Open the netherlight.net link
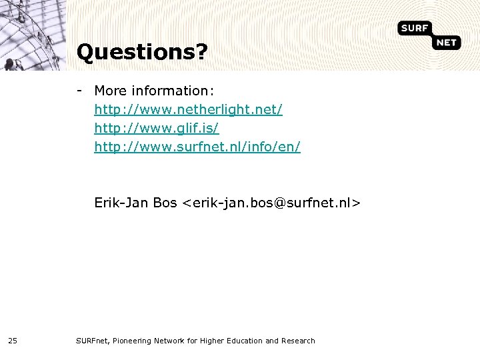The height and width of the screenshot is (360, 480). tap(188, 109)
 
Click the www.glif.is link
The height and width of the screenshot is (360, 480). tap(156, 127)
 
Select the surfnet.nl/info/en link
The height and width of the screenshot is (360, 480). tap(197, 146)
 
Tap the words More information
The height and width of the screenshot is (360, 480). tap(150, 91)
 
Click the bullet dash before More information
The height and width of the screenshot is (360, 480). tap(79, 90)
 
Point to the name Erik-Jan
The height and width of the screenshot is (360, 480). tap(121, 202)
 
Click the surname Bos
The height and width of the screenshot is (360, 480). tap(165, 202)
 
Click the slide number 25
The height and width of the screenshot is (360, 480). tap(13, 341)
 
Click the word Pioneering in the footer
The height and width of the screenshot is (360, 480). tap(133, 341)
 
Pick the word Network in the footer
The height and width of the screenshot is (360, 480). tap(171, 341)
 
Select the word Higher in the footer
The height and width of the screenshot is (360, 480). tap(213, 341)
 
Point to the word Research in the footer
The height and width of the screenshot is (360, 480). tap(299, 341)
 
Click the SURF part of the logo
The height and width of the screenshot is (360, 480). tap(414, 28)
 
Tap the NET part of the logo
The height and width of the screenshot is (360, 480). tap(446, 43)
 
